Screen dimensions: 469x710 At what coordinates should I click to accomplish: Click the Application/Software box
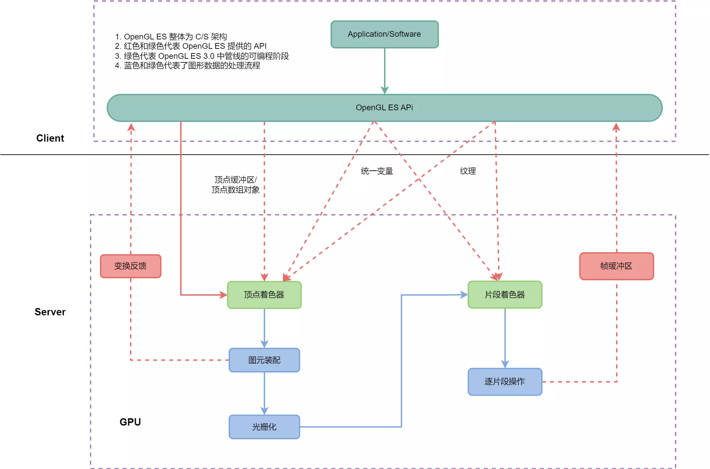[384, 34]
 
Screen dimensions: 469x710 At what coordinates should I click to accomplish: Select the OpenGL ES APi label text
[384, 108]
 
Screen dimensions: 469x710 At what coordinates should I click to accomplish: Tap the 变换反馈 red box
[131, 266]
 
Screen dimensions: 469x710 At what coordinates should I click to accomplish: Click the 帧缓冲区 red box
[616, 266]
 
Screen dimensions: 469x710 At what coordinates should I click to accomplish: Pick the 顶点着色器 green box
[264, 295]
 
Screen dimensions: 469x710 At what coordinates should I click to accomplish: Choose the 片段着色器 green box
[505, 295]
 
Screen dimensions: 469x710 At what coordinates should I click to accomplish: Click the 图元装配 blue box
[264, 360]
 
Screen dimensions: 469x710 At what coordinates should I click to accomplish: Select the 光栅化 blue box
[264, 427]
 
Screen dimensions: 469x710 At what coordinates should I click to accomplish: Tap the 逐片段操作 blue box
[505, 381]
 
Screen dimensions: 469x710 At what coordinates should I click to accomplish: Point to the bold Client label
[50, 138]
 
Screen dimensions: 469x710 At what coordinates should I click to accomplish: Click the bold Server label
[50, 312]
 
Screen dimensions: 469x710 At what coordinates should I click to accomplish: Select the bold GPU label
[130, 422]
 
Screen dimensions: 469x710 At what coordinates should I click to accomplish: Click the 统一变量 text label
[377, 171]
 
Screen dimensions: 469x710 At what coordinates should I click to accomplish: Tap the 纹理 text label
[468, 171]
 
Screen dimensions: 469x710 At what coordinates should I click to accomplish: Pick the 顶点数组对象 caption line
[235, 190]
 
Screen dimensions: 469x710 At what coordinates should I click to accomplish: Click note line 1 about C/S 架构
[171, 36]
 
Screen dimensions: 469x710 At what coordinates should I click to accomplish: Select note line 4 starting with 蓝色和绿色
[187, 65]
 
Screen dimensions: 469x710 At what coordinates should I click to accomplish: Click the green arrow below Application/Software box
[384, 70]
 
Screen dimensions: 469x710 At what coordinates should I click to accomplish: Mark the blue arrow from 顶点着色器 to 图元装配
[264, 327]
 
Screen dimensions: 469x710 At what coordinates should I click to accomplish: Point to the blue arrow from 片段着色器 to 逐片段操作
[505, 337]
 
